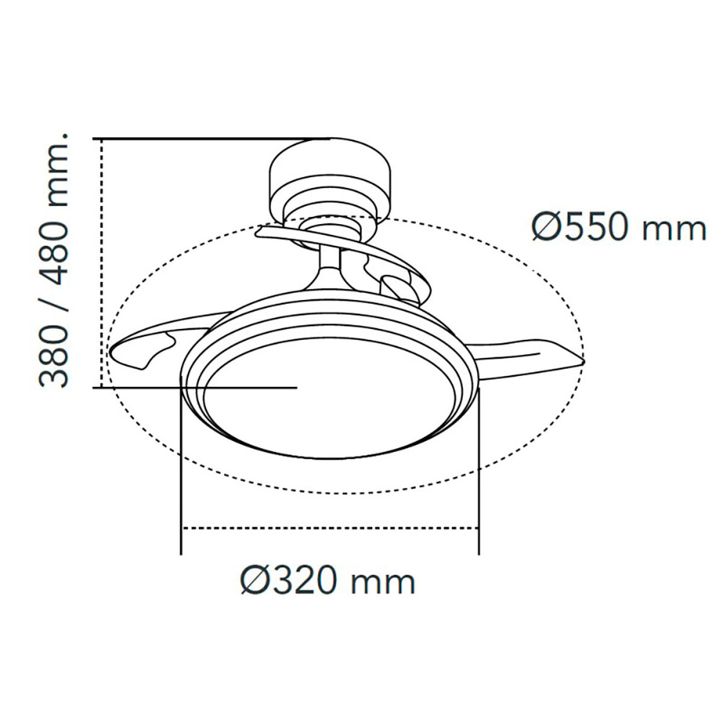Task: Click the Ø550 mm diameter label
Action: (x=618, y=228)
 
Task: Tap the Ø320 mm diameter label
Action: (x=328, y=581)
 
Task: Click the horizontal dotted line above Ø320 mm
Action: (x=330, y=528)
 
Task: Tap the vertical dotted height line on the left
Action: (x=102, y=262)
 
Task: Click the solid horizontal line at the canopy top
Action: (x=211, y=139)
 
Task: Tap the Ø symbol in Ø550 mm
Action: (x=546, y=228)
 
